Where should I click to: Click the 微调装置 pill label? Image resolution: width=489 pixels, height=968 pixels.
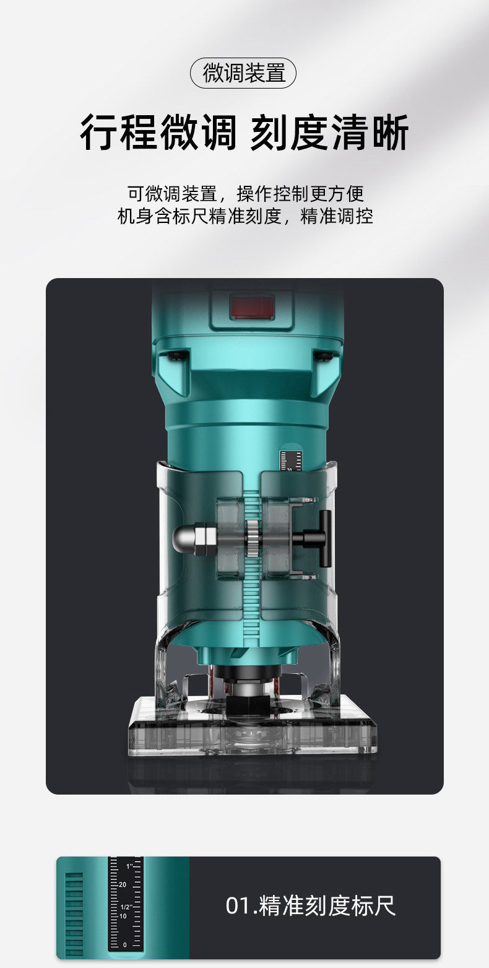click(243, 73)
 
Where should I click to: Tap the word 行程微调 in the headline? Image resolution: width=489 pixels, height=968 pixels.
click(158, 133)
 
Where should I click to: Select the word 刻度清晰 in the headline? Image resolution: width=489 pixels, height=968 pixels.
click(329, 133)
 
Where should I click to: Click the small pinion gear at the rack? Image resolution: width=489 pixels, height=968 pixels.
click(253, 538)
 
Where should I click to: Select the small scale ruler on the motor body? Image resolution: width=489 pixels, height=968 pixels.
click(291, 460)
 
